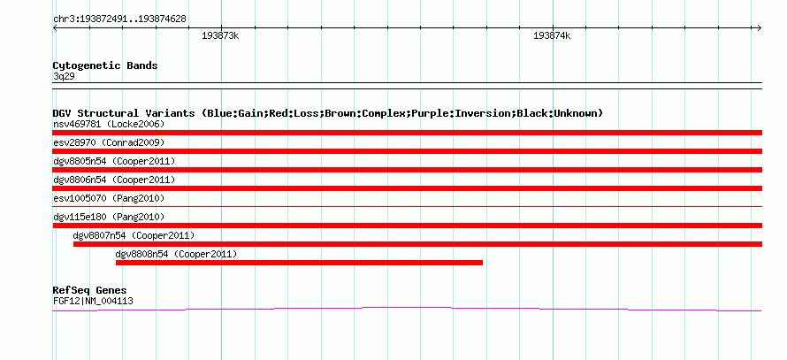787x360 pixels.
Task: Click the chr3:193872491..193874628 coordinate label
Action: [x=119, y=19]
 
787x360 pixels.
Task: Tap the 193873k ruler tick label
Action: [x=220, y=36]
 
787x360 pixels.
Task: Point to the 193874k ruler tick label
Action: [x=552, y=36]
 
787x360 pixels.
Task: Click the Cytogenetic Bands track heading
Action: [x=105, y=65]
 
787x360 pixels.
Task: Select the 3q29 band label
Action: [x=65, y=76]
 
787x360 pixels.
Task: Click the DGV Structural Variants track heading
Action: [x=328, y=113]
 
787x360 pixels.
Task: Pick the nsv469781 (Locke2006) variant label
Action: [x=109, y=124]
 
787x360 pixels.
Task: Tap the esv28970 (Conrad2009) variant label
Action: [x=109, y=142]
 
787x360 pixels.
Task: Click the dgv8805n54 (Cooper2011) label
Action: [x=114, y=161]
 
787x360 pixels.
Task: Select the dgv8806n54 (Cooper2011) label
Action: [x=114, y=180]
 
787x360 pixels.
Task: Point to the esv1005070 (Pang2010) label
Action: [x=109, y=198]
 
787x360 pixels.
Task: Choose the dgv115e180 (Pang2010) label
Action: [x=109, y=217]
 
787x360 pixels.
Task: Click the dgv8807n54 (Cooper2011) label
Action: [x=134, y=235]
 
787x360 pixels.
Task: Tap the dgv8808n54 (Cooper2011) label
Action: [x=176, y=254]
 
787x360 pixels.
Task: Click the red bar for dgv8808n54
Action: [x=299, y=263]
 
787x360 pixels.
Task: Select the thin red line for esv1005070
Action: [x=408, y=206]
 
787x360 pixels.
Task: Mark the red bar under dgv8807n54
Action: [x=417, y=244]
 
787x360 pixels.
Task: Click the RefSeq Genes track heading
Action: [x=90, y=291]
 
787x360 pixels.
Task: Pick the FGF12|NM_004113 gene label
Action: [x=93, y=302]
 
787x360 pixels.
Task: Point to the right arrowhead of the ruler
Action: [x=760, y=28]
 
